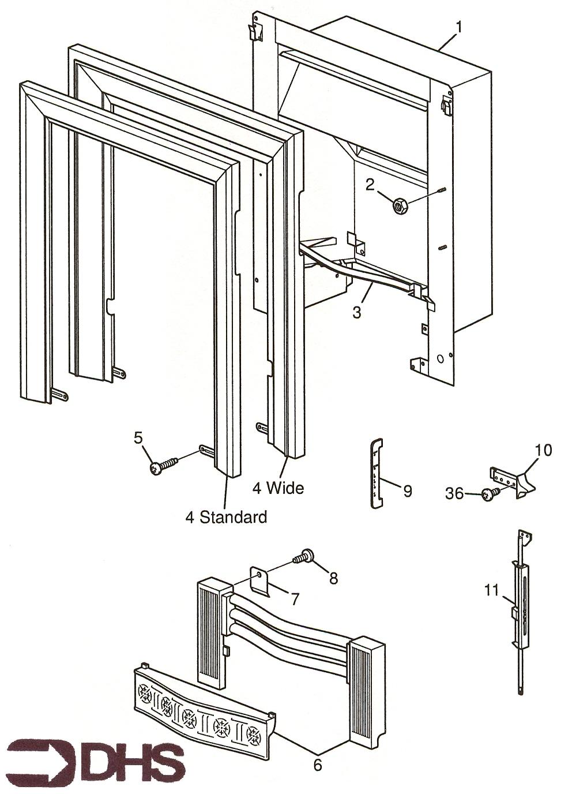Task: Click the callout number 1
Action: (459, 27)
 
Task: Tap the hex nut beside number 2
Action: (400, 205)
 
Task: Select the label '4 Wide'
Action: (278, 488)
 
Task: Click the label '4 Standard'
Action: (226, 517)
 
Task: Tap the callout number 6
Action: (317, 765)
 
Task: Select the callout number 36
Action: (454, 493)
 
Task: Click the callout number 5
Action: (138, 438)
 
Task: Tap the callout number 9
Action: (407, 491)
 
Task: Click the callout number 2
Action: (370, 184)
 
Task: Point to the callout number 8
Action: (333, 578)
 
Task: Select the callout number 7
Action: (294, 600)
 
